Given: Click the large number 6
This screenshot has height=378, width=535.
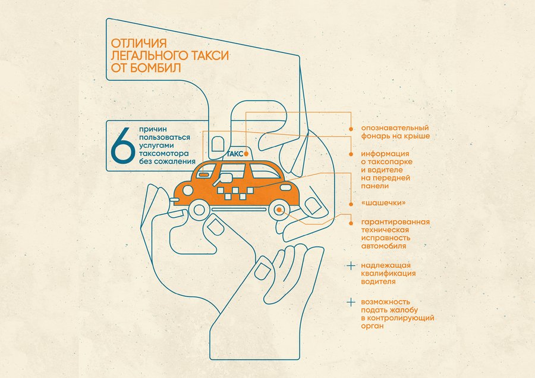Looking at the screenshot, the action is pos(123,146).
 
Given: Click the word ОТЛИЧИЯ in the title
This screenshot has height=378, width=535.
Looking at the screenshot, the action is pos(139,43).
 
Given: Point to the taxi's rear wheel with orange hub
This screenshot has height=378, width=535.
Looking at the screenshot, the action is pos(279,210).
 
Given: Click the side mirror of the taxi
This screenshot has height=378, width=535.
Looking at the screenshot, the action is pos(226,177).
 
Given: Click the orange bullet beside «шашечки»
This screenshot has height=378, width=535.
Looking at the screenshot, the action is pos(351,204).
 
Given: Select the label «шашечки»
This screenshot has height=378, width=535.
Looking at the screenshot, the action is pos(383,203).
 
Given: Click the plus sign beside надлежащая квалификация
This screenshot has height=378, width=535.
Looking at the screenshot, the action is pos(351,265).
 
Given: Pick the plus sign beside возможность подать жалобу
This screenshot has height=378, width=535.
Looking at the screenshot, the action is pos(351,302).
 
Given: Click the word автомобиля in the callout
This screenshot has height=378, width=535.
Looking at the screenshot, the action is pos(383,246).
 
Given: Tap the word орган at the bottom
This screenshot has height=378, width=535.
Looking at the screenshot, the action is pos(373,326).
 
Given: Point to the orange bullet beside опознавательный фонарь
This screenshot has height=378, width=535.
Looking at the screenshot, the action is pos(351,129).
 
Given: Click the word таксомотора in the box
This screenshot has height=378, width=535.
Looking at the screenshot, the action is pos(164,154).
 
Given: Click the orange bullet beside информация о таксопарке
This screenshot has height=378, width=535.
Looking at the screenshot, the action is pos(351,155).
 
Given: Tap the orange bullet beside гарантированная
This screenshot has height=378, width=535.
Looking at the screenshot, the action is pos(351,223).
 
